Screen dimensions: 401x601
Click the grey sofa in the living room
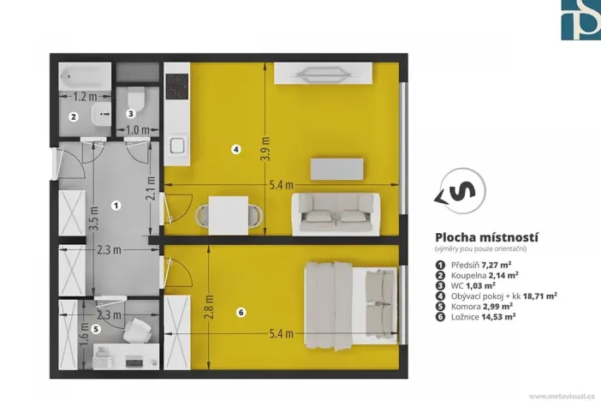336,212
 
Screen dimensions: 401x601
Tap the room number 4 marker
236,149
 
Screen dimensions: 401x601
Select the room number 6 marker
241,313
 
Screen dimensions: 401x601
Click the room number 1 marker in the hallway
116,205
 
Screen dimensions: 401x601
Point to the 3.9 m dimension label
265,149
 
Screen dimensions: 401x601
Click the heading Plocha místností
486,237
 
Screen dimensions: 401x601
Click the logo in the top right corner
580,20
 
